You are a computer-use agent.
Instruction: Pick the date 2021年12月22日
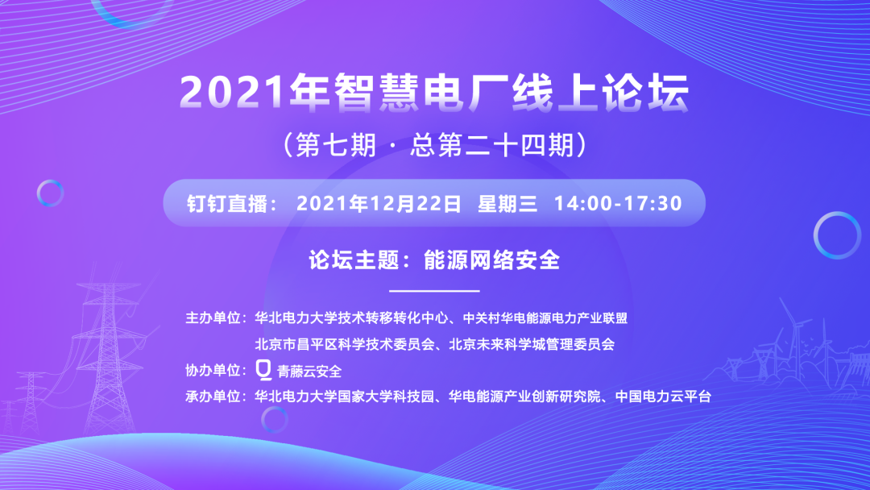tap(379, 203)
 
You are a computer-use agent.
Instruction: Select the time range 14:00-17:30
tap(618, 203)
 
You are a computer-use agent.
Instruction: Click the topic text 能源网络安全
tap(491, 260)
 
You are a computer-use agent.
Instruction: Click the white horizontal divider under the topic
tap(434, 290)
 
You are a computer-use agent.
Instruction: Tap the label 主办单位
tap(215, 318)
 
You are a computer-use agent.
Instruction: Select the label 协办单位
tap(215, 371)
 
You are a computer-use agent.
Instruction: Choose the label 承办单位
tap(215, 397)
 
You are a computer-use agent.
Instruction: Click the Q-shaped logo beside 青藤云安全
tap(263, 370)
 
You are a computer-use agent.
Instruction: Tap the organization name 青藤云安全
tap(309, 372)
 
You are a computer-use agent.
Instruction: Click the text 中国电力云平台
tap(662, 397)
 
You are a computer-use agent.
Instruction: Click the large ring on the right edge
tap(837, 235)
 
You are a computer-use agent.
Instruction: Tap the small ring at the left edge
tap(50, 193)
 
